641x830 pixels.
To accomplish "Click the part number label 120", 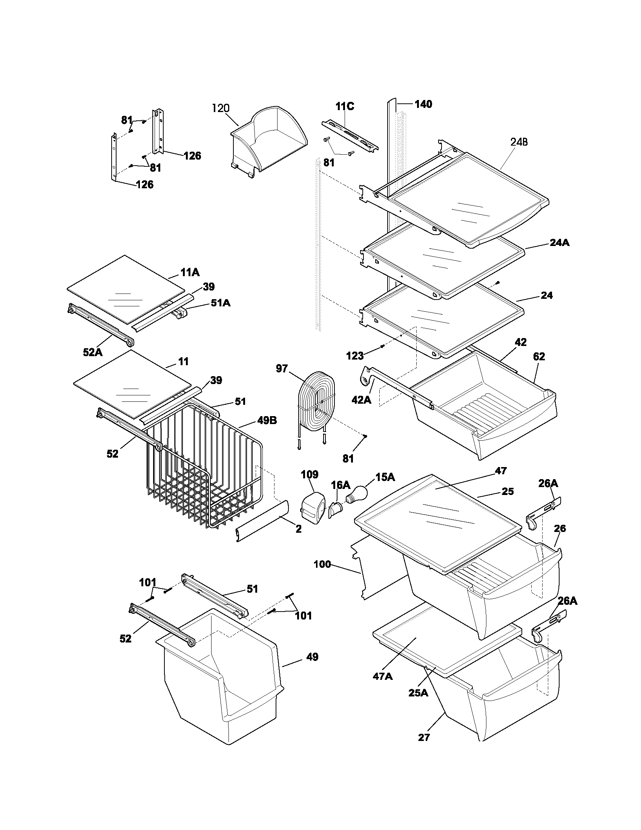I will point(221,108).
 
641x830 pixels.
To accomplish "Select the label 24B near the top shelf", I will point(519,142).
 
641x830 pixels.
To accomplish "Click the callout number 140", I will point(423,104).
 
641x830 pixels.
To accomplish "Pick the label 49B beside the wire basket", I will point(267,420).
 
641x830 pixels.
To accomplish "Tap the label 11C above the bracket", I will point(344,106).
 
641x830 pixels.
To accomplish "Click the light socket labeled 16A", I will point(335,509).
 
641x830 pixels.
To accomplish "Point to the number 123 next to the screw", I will point(355,356).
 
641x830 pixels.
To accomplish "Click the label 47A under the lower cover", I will point(382,676).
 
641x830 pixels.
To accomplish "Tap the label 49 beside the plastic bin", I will point(312,657).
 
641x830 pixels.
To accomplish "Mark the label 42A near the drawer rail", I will point(361,400).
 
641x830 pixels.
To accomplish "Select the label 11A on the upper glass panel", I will point(190,272).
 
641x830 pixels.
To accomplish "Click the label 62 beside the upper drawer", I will point(539,357).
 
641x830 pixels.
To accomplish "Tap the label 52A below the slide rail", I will point(93,352).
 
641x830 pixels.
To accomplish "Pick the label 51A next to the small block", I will point(221,303).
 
